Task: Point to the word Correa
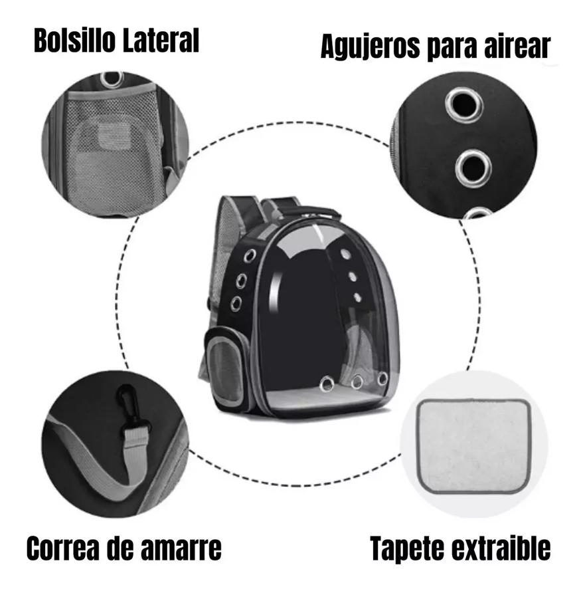click(62, 549)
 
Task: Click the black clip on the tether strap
click(125, 404)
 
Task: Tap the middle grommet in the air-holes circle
click(473, 166)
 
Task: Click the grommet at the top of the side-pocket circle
click(112, 79)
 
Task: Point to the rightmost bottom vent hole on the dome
click(382, 378)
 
